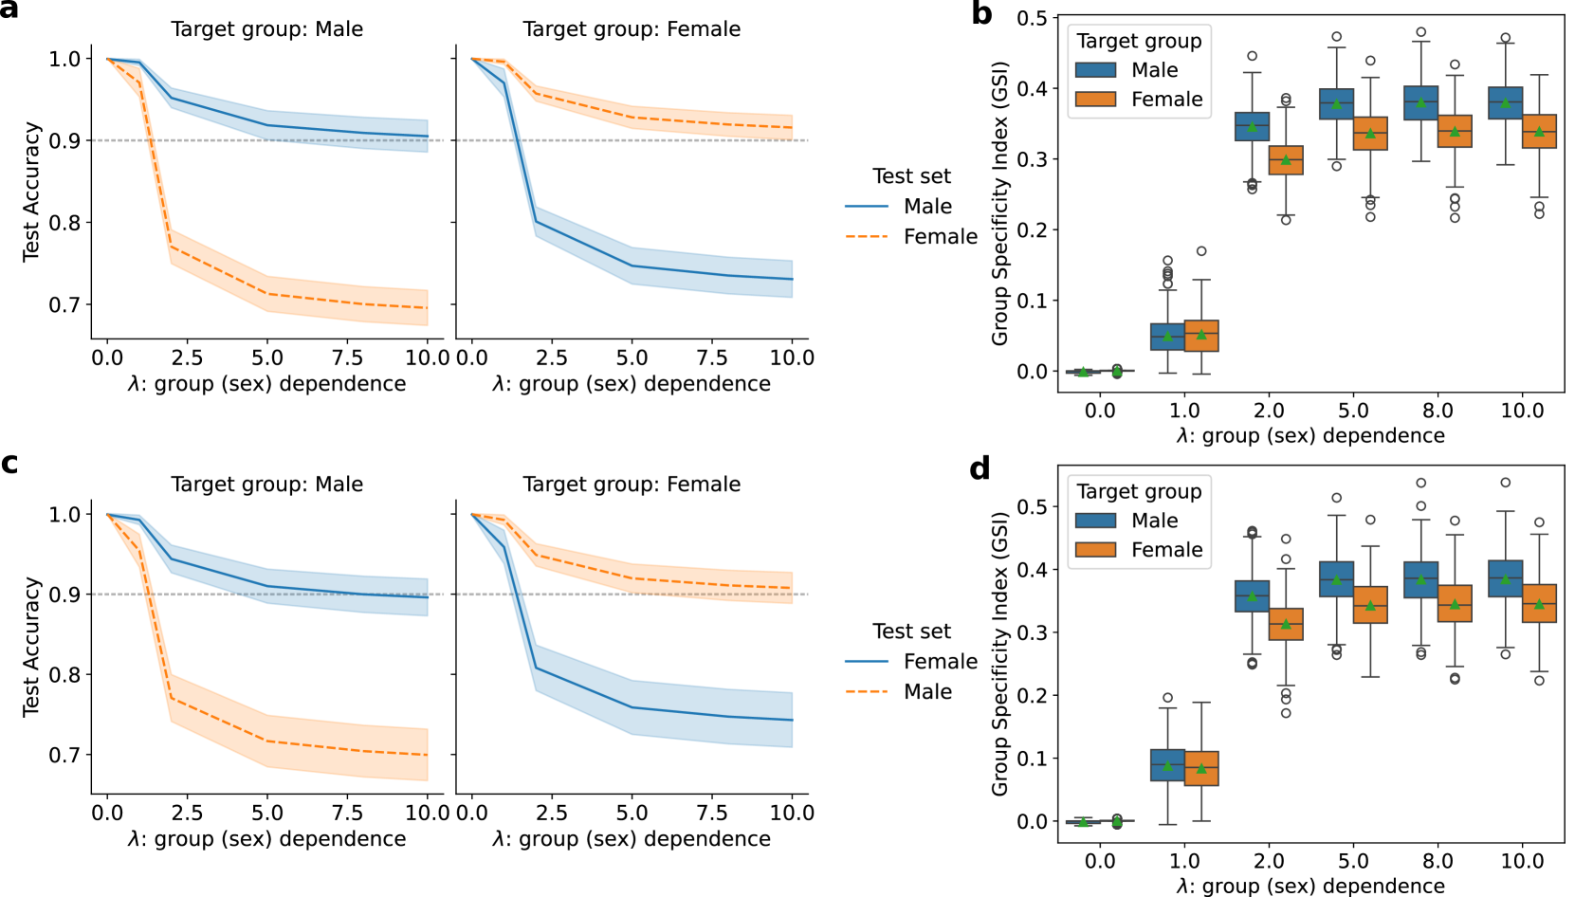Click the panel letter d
tap(980, 468)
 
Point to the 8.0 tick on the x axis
tap(1438, 411)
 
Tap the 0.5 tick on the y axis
tap(1032, 18)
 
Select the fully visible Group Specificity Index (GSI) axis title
tap(999, 203)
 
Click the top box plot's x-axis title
tap(1310, 436)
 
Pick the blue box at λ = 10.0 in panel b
tap(1506, 102)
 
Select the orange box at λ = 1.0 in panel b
tap(1201, 336)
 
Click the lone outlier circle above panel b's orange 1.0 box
tap(1201, 251)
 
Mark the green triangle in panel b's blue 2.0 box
tap(1252, 126)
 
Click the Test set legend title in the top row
tap(911, 176)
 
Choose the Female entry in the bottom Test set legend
tap(940, 662)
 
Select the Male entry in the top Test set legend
tap(927, 207)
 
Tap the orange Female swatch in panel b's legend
tap(1095, 100)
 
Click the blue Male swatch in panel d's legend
tap(1095, 521)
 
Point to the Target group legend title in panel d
tap(1139, 491)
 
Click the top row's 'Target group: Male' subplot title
tap(266, 29)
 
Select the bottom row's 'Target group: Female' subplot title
tap(632, 485)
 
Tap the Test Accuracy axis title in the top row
tap(31, 192)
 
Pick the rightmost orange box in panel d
tap(1539, 603)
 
